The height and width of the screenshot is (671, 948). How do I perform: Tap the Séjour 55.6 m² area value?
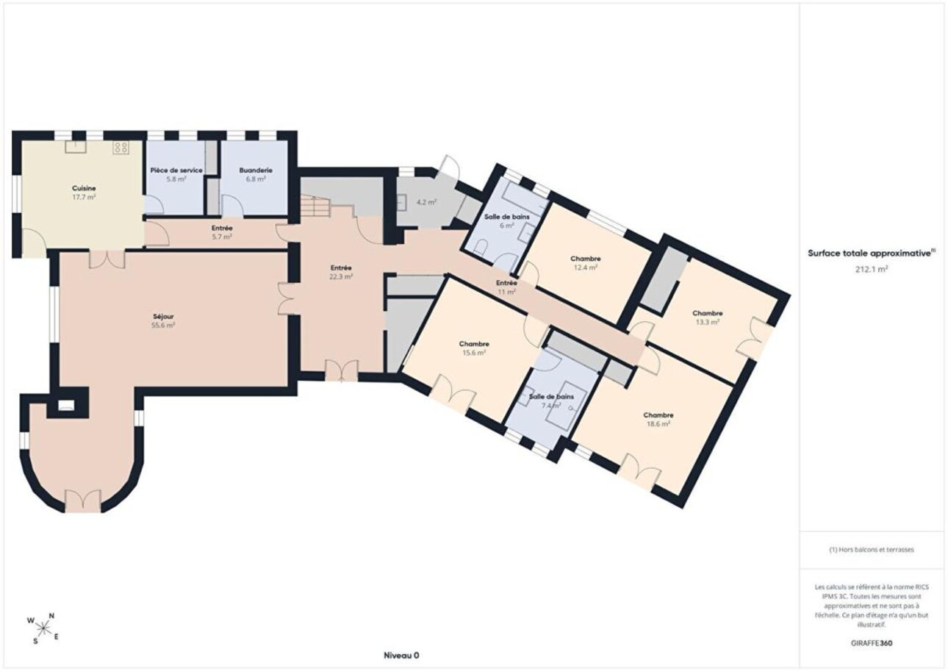[163, 325]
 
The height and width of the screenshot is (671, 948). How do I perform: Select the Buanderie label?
[256, 171]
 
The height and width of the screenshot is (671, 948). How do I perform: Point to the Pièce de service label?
[176, 171]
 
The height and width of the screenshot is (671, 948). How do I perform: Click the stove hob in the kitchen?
[121, 147]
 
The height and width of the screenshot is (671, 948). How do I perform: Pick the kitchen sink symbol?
[76, 146]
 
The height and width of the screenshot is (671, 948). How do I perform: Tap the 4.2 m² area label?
[426, 202]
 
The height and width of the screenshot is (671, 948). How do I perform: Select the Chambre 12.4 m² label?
[585, 263]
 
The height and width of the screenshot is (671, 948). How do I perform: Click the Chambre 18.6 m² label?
[658, 419]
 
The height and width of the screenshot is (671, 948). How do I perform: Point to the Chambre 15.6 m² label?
[474, 348]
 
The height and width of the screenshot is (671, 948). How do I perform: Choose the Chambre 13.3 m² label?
[707, 317]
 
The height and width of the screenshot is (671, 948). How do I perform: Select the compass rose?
[43, 628]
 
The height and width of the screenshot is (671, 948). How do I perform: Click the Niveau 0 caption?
[401, 656]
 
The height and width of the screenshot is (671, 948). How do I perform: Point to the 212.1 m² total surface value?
[872, 269]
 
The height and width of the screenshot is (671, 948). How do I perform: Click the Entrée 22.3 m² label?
[341, 272]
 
